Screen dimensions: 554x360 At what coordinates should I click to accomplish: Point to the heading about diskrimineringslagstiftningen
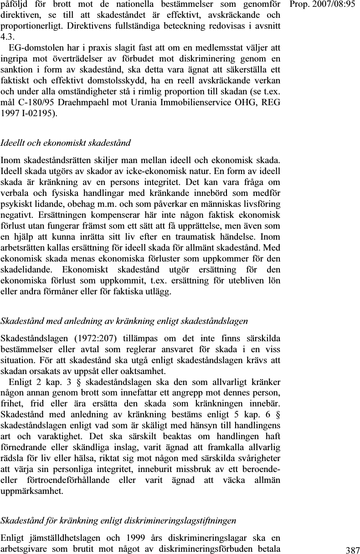point(118,520)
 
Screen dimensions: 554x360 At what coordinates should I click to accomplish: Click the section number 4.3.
point(7,36)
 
